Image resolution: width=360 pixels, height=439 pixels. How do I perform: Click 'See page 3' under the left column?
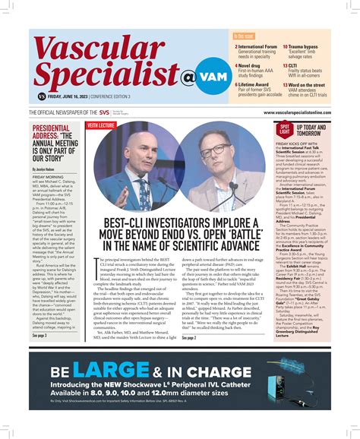(x=39, y=335)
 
